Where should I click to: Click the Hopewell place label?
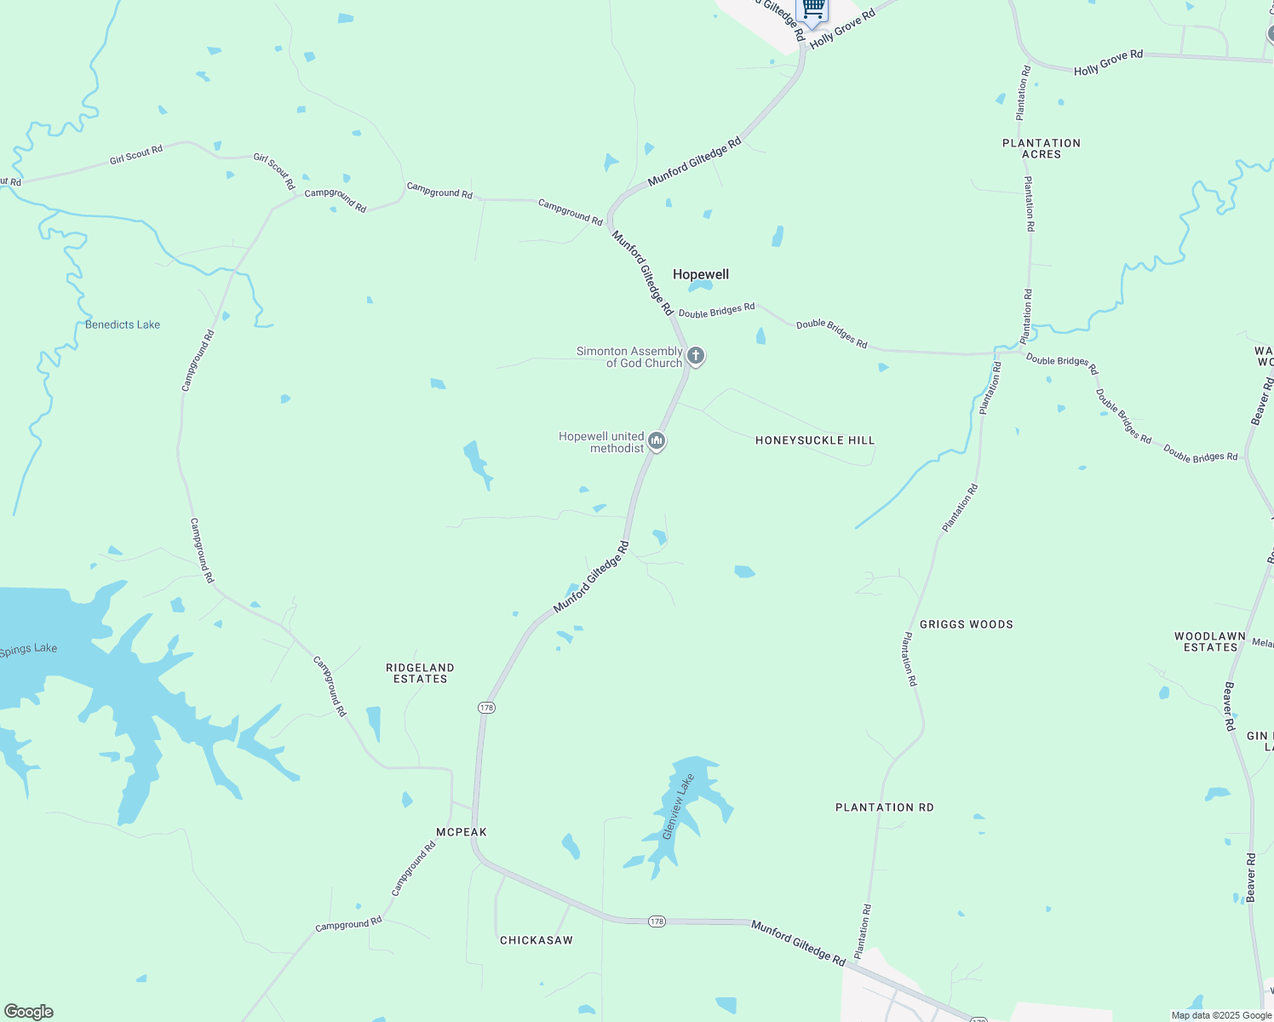tap(701, 274)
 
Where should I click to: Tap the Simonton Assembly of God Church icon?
tap(696, 356)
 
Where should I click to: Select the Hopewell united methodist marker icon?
tap(656, 441)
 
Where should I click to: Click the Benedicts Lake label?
tap(123, 324)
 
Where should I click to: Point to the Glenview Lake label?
tap(679, 807)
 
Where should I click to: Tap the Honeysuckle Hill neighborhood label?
tap(815, 440)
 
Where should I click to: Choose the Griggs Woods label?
tap(967, 624)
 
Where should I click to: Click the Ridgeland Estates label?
tap(420, 673)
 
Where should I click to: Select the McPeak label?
tap(462, 832)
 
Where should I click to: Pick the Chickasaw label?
tap(537, 940)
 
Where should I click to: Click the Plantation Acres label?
tap(1042, 148)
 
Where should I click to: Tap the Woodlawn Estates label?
tap(1210, 641)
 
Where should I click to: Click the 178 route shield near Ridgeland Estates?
tap(486, 708)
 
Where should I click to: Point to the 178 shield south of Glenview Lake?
tap(656, 922)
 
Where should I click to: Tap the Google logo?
tap(28, 1012)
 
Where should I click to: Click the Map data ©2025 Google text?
tap(1221, 1015)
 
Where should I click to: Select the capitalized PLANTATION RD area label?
tap(884, 807)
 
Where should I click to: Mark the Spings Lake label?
tap(28, 650)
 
